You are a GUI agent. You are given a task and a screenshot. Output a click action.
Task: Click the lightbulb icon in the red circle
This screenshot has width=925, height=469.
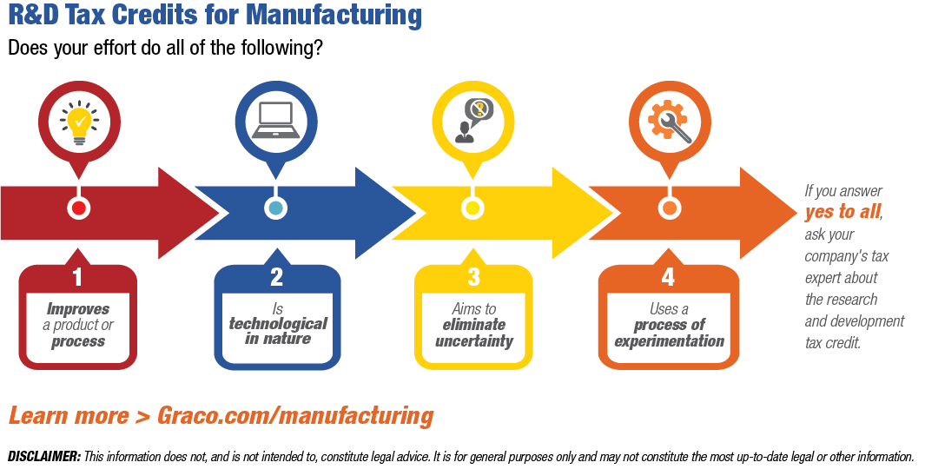(78, 121)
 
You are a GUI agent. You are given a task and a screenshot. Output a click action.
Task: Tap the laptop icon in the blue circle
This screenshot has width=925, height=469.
(275, 121)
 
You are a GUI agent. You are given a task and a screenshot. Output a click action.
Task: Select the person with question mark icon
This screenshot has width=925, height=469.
(472, 121)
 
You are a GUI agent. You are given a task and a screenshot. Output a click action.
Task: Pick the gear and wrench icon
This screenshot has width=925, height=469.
(668, 121)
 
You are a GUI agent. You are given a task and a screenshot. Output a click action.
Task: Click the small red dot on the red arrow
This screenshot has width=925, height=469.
(79, 208)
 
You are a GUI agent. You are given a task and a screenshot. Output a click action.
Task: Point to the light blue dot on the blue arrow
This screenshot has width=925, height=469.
(275, 208)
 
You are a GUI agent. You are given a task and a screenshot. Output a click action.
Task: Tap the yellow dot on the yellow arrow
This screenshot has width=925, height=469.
(472, 208)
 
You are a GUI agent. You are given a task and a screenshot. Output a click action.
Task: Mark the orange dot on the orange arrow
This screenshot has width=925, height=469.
(668, 208)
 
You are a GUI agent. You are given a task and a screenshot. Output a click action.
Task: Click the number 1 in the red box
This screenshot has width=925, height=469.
(78, 278)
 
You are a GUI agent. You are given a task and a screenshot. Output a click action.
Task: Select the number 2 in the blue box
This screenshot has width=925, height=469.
(276, 278)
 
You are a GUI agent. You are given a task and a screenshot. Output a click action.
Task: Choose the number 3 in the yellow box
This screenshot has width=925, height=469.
(473, 278)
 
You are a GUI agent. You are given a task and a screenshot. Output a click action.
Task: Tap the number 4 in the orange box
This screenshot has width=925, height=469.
(668, 278)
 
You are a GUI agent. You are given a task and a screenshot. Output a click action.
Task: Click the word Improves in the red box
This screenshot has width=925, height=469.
(78, 309)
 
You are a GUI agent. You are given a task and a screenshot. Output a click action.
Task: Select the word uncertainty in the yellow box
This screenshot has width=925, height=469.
(474, 340)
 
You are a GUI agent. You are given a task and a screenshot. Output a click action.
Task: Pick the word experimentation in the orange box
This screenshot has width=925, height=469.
(669, 340)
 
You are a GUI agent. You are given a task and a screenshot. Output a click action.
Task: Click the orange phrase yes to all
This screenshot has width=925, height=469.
(842, 212)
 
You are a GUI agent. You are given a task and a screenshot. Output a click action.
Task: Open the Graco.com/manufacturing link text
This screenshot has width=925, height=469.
(295, 415)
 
